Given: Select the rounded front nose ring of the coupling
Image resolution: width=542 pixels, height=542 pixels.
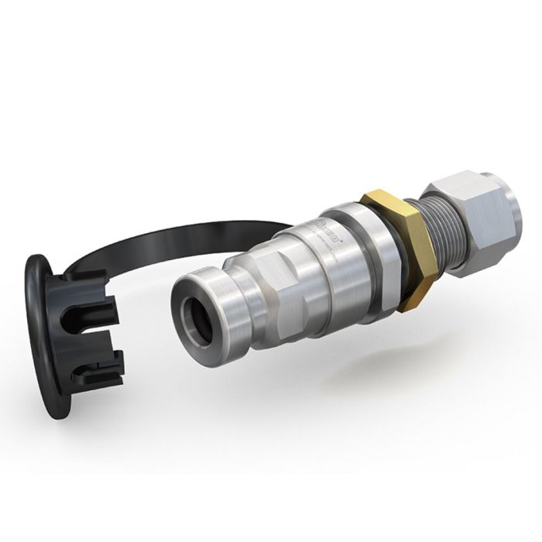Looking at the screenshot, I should (x=205, y=306).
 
